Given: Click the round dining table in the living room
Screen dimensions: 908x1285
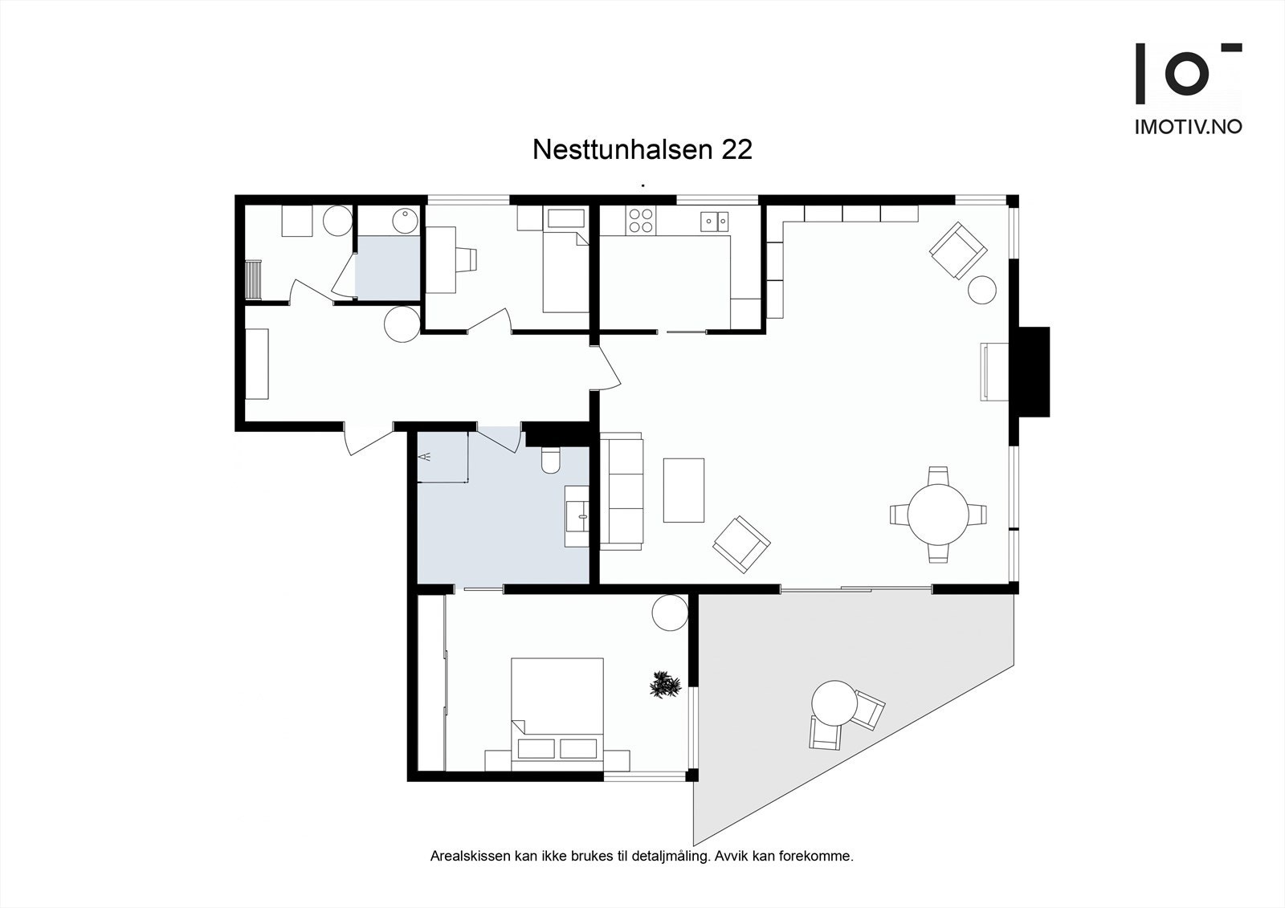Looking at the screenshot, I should coord(938,515).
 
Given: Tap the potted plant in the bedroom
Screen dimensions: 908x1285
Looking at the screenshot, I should coord(664,686).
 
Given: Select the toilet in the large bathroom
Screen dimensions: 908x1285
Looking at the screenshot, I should coord(552,460).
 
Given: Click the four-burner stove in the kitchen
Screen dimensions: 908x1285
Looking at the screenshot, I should coord(641,220).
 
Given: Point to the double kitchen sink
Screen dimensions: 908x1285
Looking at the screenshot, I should coord(714,219).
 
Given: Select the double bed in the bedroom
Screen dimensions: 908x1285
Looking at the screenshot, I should coord(557,706).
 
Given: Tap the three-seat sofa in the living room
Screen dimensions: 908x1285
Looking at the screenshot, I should coord(622,491).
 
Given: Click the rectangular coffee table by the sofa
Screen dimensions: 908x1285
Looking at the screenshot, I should coord(683,490).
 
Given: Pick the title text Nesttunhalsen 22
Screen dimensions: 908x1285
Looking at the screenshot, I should coord(642,149).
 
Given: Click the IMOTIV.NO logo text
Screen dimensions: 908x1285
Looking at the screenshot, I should coord(1188,127).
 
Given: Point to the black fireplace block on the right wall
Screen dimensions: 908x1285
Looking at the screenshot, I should coord(1034,371).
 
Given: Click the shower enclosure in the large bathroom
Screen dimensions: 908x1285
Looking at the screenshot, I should coord(442,457).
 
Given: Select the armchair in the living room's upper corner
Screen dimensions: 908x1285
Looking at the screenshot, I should coord(957,250).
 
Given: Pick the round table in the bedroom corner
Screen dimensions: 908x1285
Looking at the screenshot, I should coord(669,614).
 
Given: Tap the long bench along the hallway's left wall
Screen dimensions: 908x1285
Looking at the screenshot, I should coord(257,364).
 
